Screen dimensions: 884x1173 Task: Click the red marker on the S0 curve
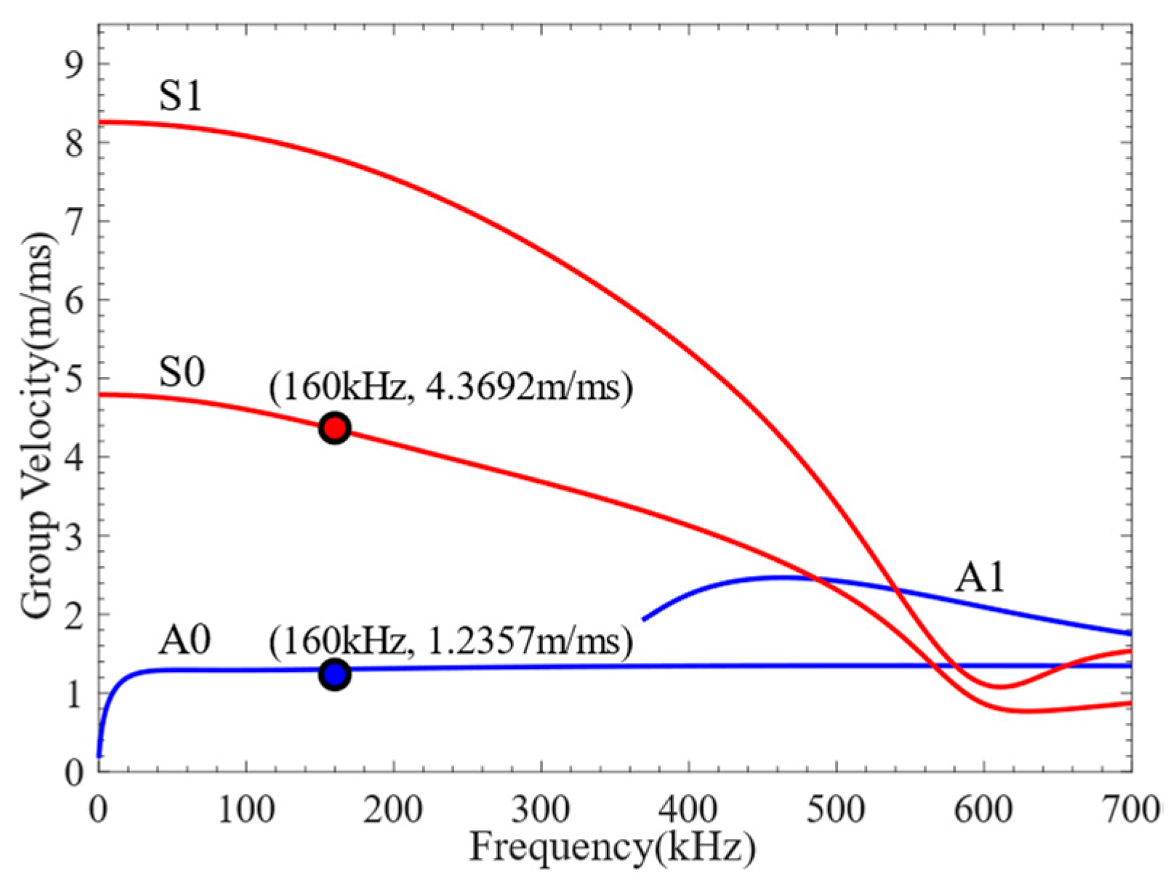[x=334, y=429]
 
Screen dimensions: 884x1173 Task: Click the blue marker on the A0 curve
[x=334, y=675]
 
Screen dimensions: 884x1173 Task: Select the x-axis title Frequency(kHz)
[x=612, y=848]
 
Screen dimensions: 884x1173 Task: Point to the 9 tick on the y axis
[x=74, y=64]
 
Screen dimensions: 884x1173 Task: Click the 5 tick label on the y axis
[x=74, y=378]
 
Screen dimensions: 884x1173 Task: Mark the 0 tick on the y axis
[x=74, y=771]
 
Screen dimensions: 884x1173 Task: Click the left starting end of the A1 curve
[x=644, y=620]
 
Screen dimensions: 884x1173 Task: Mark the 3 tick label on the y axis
[x=74, y=536]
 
